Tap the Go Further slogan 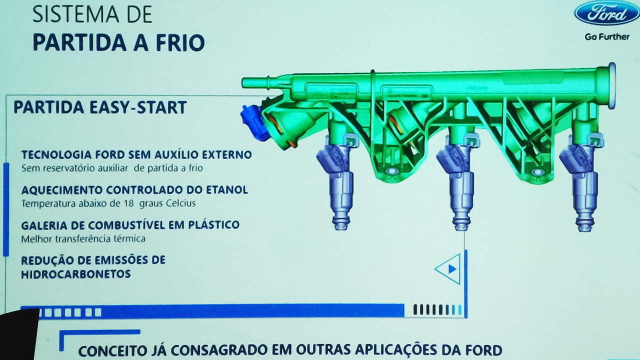[607, 37]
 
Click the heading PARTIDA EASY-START [100, 107]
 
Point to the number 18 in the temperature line [129, 203]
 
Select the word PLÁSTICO [213, 224]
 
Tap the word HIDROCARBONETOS [76, 274]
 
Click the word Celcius [181, 203]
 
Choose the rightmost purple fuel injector [581, 182]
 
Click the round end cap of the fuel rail [611, 85]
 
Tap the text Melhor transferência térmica [83, 238]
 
